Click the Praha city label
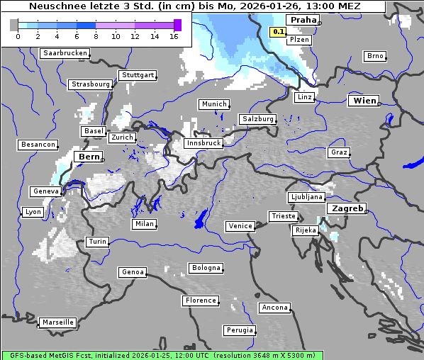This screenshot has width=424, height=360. click(x=303, y=20)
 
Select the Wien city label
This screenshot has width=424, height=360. click(x=364, y=101)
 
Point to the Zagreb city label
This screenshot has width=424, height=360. click(x=347, y=208)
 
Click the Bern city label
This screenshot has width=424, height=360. click(x=89, y=157)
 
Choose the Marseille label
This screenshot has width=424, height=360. click(x=57, y=322)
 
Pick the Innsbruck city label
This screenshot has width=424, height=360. click(x=203, y=143)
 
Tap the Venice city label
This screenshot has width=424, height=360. click(x=240, y=226)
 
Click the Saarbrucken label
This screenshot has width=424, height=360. click(x=65, y=53)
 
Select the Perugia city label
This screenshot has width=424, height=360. click(x=239, y=330)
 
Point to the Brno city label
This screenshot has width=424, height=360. click(x=374, y=56)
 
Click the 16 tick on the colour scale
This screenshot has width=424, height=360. click(x=174, y=36)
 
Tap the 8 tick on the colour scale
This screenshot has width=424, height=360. click(x=96, y=36)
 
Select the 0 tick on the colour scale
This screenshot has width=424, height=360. click(x=18, y=36)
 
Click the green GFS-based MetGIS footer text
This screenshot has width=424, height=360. click(x=162, y=355)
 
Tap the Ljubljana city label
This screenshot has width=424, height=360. click(x=306, y=197)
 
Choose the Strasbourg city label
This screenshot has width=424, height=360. click(x=91, y=84)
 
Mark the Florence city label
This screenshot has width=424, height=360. click(x=200, y=300)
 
